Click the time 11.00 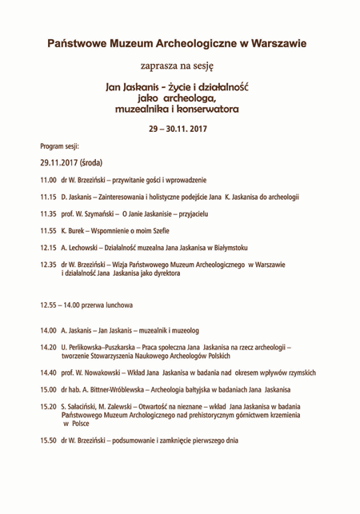point(48,181)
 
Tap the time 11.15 point(48,197)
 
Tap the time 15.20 point(48,406)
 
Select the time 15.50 point(48,440)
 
